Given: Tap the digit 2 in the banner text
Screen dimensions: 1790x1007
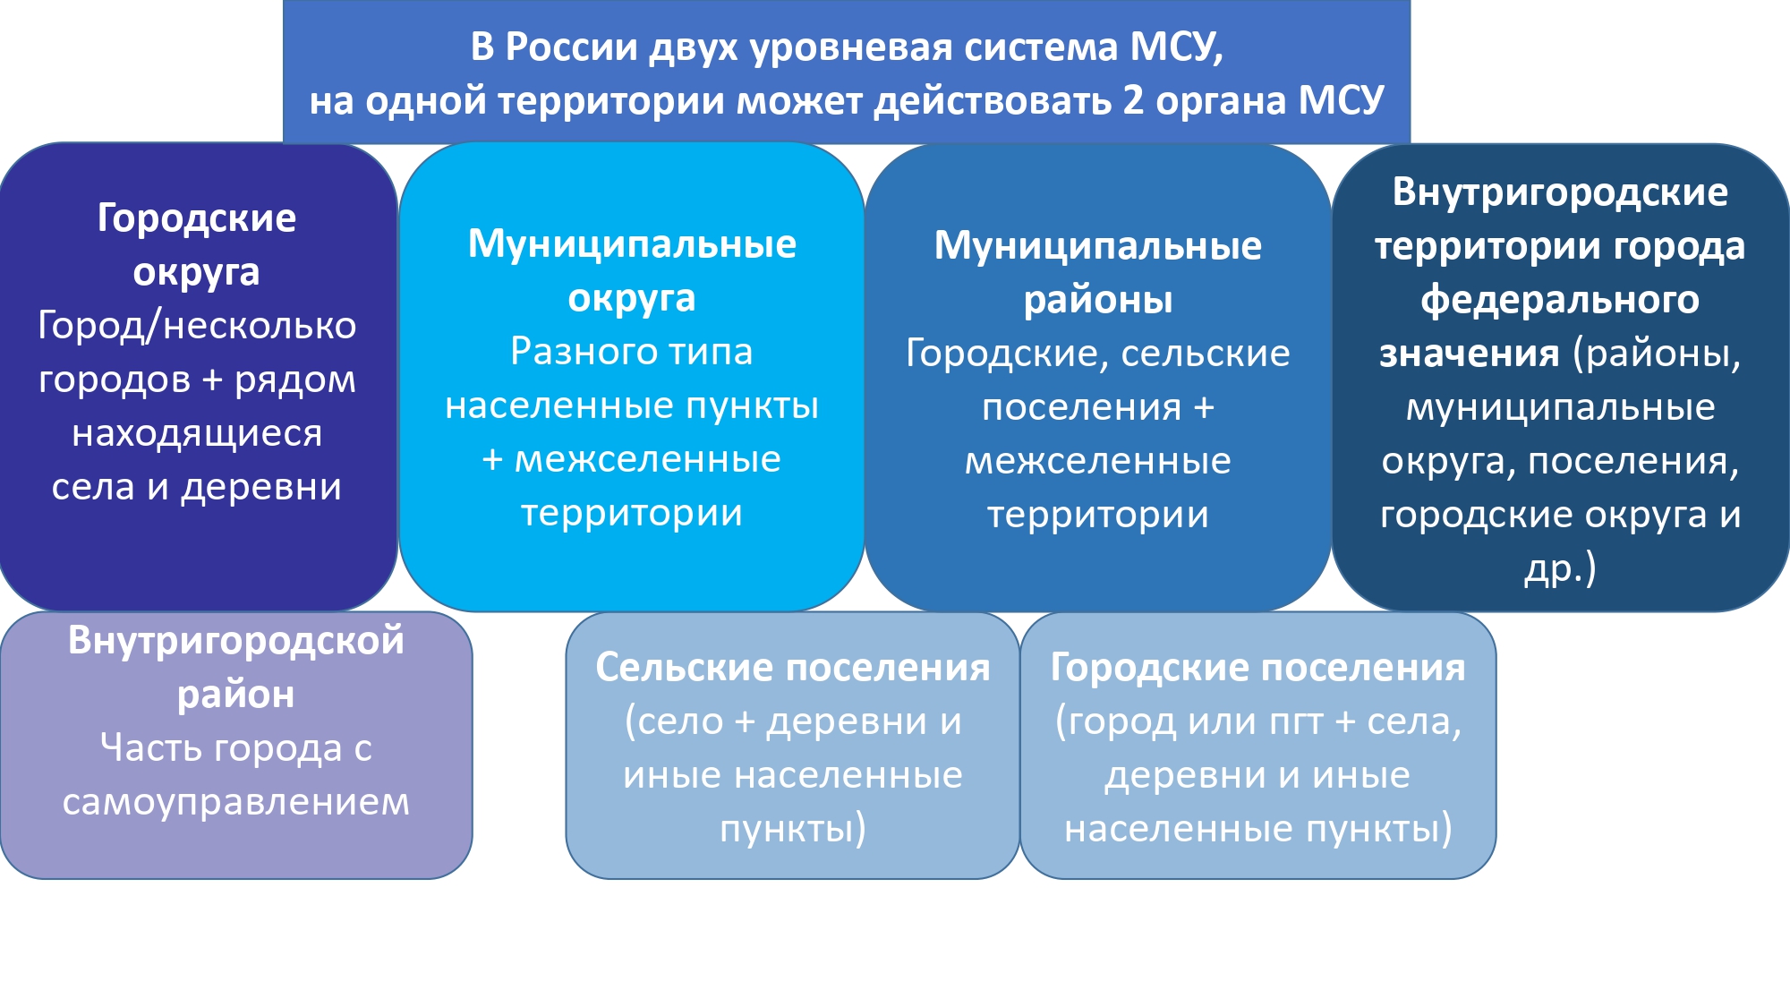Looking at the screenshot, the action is point(1133,99).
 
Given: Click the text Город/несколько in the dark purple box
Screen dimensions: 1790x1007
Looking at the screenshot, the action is point(197,326).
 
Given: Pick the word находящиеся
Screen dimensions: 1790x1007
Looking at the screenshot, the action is point(197,434).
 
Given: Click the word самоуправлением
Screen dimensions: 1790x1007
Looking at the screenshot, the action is point(236,803).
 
